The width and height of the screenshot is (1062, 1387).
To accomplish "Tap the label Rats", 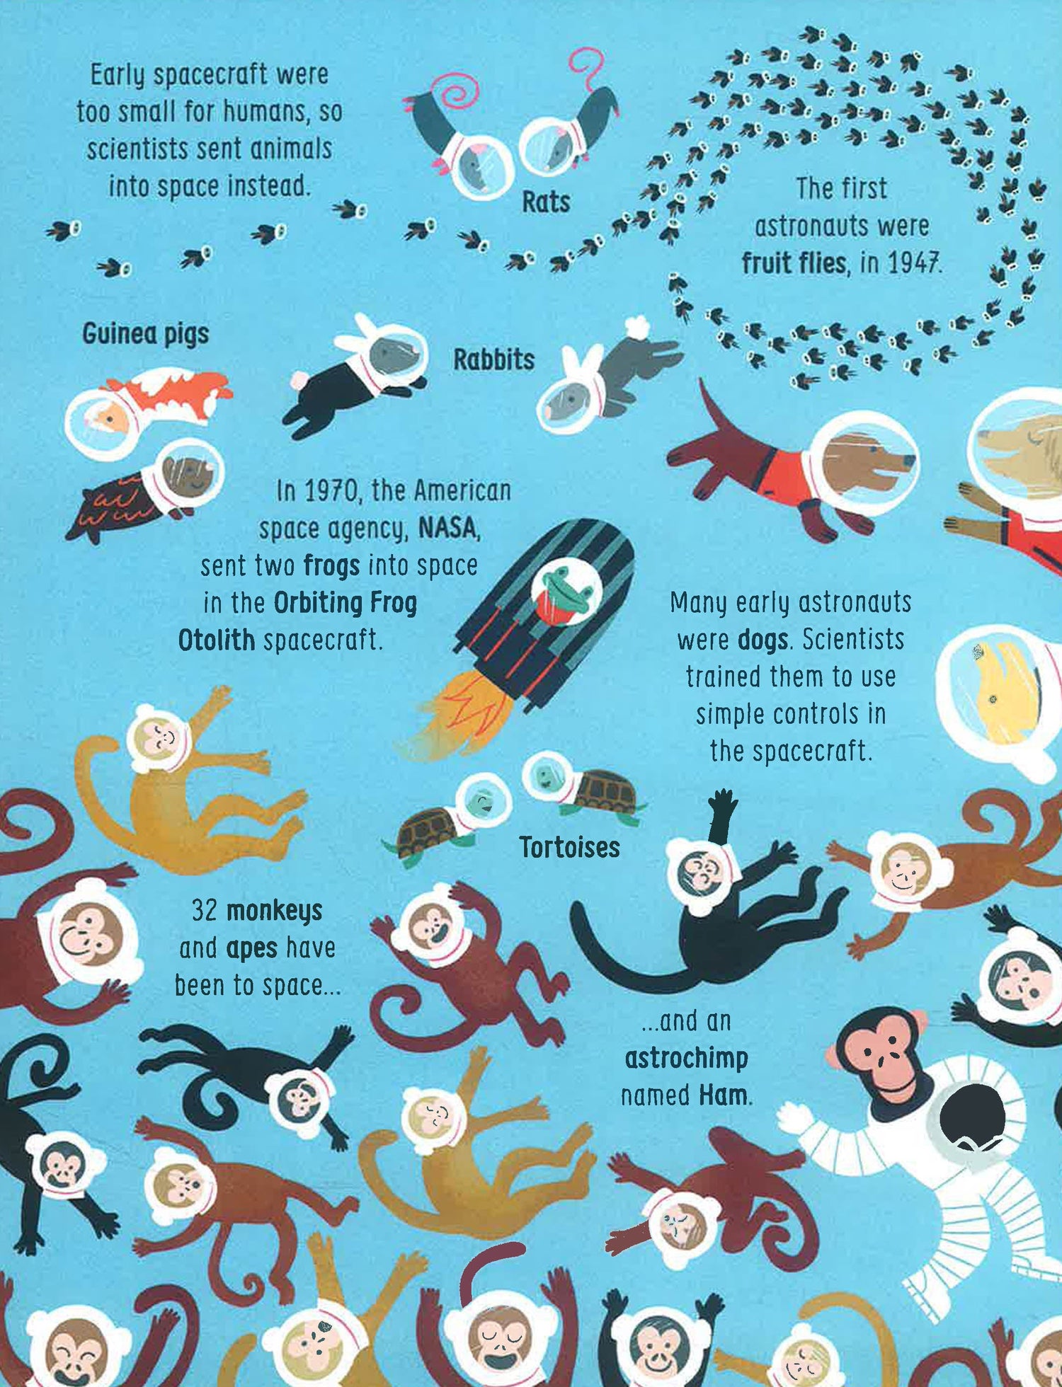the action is click(x=546, y=202).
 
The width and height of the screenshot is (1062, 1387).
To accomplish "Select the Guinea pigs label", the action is click(x=146, y=334).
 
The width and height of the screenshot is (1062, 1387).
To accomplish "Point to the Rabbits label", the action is click(x=493, y=359).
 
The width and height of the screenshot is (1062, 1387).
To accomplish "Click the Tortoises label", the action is click(x=570, y=847).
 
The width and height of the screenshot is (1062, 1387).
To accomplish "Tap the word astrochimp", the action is click(x=686, y=1059).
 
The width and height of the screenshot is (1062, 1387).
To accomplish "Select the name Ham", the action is click(x=722, y=1095).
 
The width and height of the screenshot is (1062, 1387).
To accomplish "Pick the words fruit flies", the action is click(x=794, y=263).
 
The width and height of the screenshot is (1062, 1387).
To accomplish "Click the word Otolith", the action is click(x=216, y=640).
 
